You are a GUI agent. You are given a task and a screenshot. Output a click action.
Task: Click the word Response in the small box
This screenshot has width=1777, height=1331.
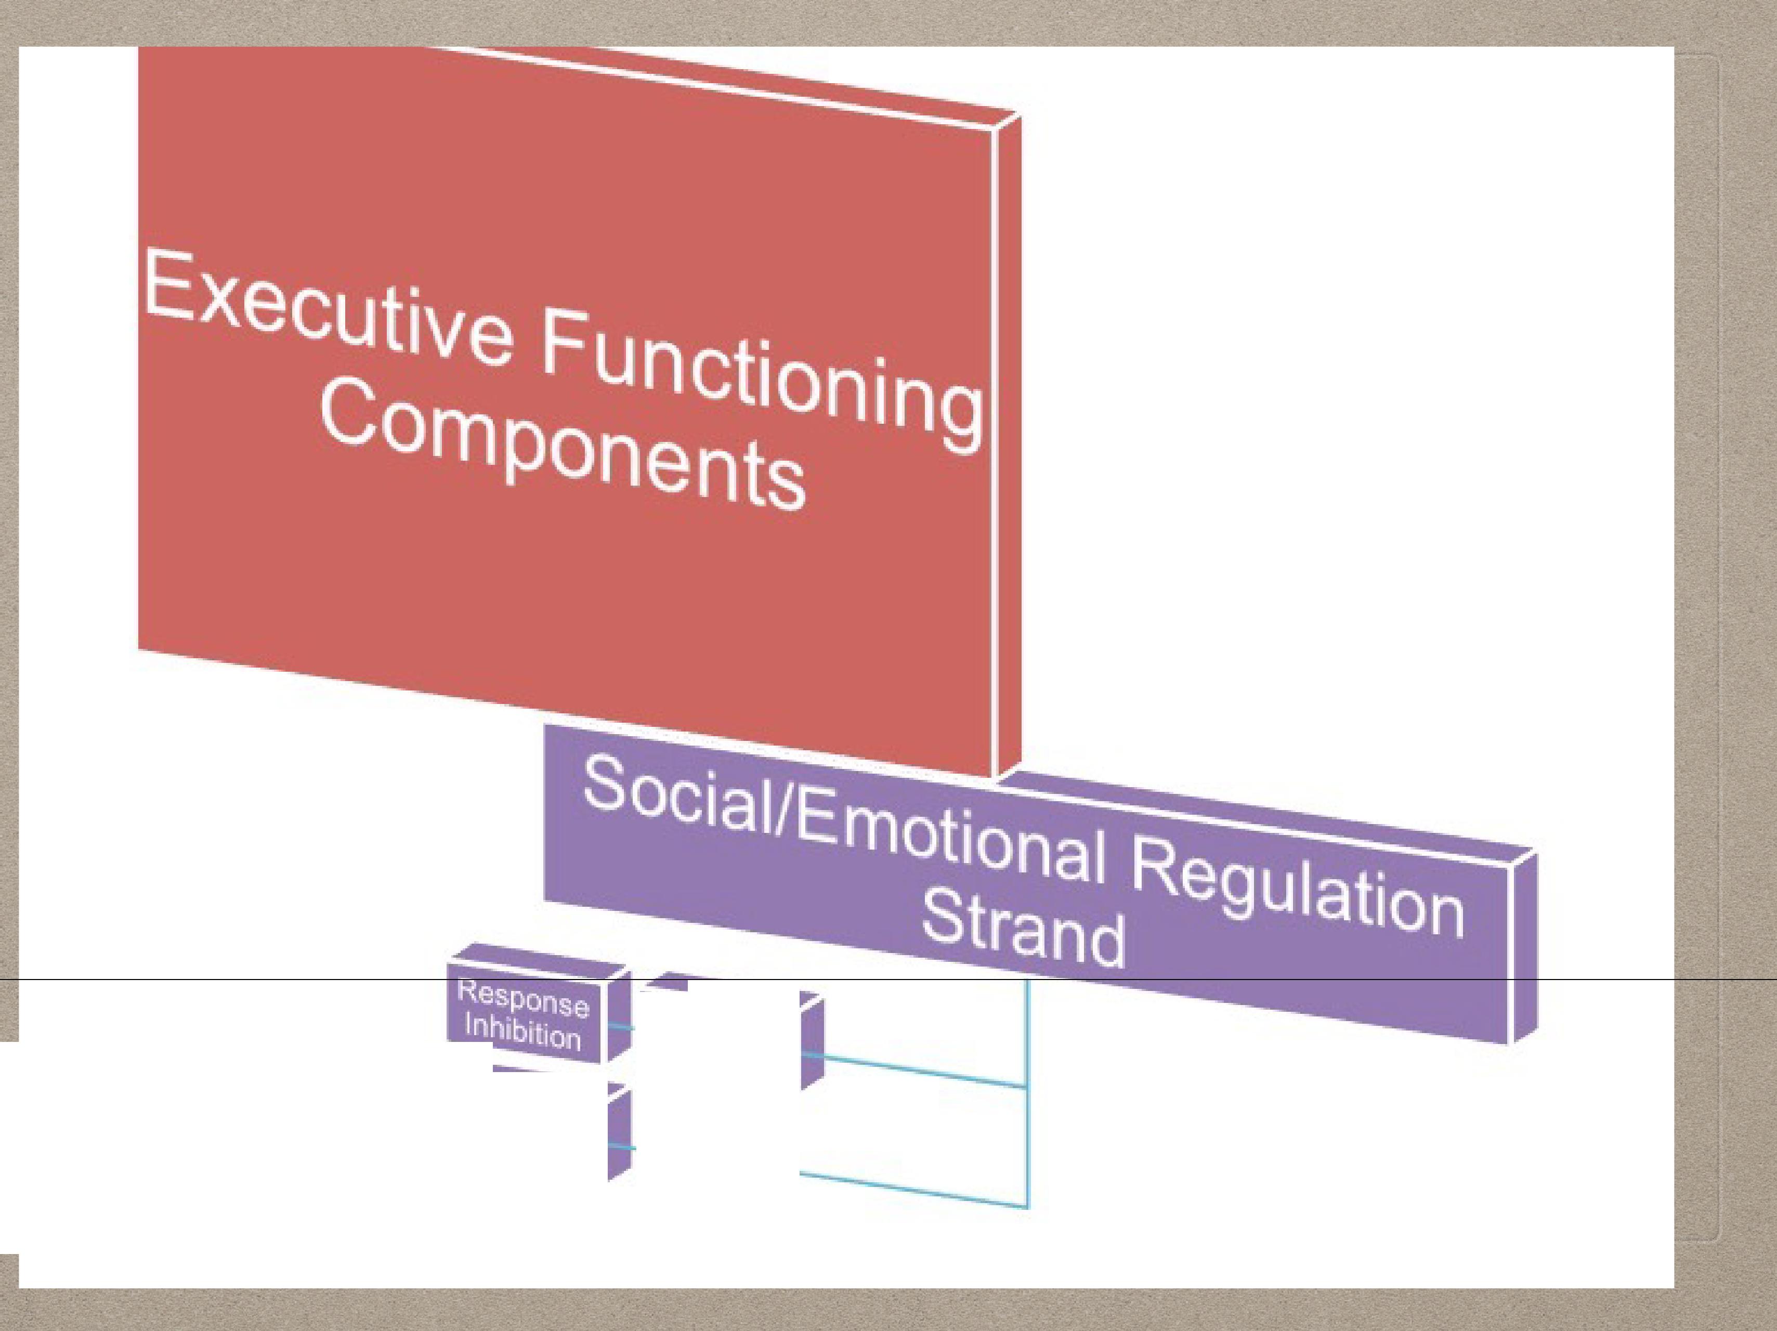tap(522, 1000)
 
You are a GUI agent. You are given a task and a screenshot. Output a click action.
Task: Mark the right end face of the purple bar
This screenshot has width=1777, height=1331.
tap(1524, 948)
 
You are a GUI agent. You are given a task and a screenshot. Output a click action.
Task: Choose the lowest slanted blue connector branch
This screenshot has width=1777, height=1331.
tap(916, 1191)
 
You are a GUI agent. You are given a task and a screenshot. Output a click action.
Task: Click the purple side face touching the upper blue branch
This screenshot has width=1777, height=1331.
tap(812, 1044)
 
